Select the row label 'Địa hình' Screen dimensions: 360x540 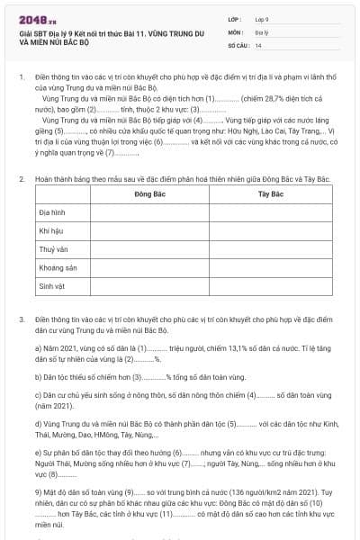(x=51, y=212)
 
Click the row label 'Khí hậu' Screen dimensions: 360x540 (x=51, y=231)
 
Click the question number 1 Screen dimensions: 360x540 (x=21, y=78)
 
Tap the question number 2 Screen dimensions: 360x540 (x=21, y=178)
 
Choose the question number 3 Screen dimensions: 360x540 (x=21, y=319)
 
